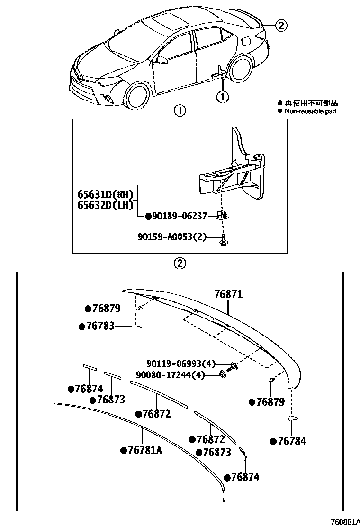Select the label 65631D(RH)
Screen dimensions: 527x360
106,194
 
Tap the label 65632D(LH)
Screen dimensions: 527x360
105,205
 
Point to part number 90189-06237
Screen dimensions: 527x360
180,216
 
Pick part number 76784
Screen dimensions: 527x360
291,441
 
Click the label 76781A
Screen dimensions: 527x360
144,450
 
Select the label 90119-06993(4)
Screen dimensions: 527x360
180,364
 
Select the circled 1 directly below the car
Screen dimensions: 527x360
222,97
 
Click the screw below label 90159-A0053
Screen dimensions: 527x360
223,241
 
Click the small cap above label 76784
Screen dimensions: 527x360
292,418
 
